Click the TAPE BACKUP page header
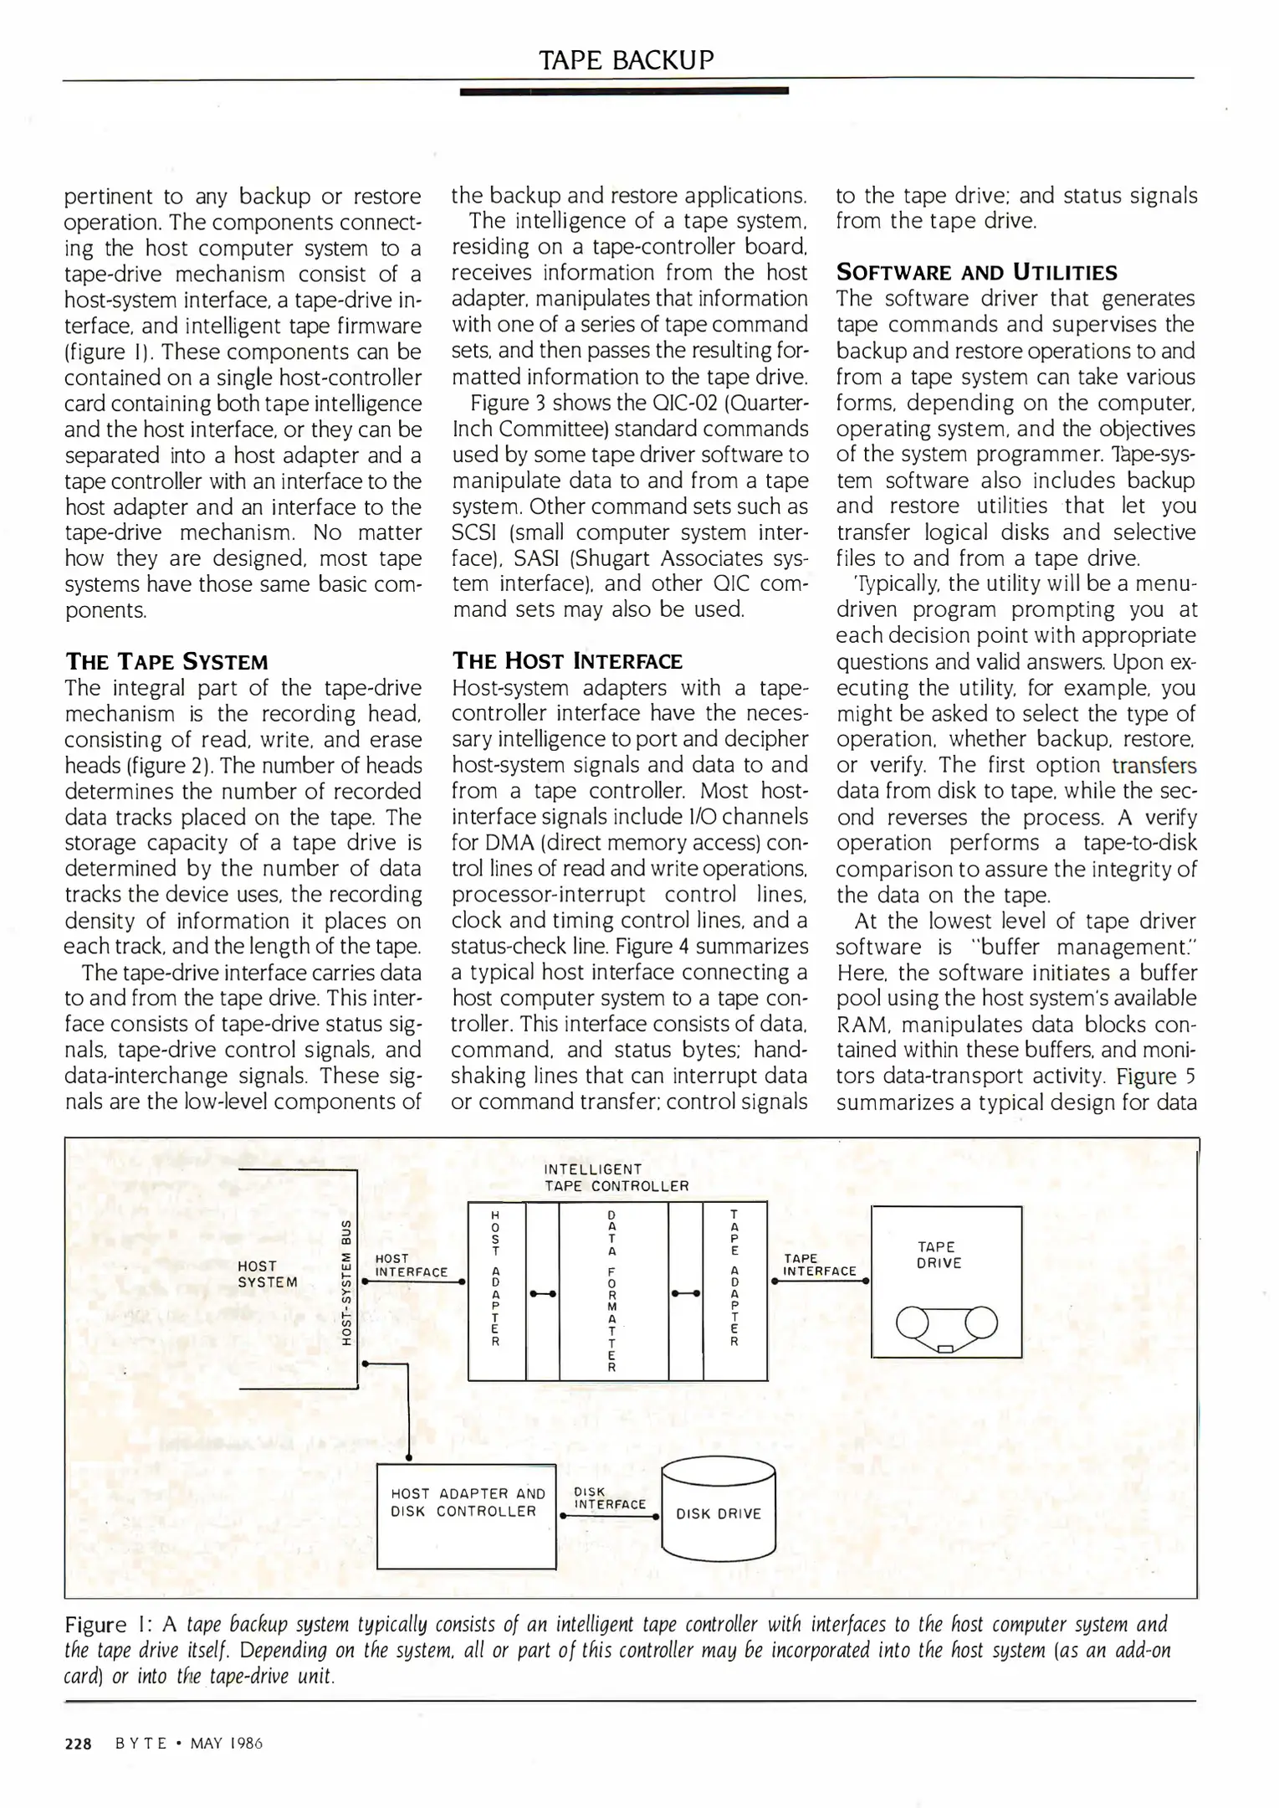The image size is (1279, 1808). pos(627,60)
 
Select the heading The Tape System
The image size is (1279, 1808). pos(166,662)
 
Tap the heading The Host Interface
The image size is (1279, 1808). pos(567,661)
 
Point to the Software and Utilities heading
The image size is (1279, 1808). pos(976,272)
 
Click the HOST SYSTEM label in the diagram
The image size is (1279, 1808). pos(267,1274)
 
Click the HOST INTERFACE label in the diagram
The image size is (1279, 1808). pos(411,1265)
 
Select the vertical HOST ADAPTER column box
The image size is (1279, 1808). pos(496,1290)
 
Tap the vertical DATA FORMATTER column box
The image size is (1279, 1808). pos(612,1290)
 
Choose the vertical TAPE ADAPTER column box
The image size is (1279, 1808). pos(734,1290)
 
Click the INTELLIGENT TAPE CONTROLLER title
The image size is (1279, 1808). pos(616,1178)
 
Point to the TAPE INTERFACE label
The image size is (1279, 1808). pos(819,1265)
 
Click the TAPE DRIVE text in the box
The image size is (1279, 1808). pos(939,1255)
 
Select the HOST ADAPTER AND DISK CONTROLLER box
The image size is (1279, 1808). pos(467,1515)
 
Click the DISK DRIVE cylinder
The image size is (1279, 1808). pos(719,1513)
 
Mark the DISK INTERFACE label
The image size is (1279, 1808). pos(609,1498)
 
